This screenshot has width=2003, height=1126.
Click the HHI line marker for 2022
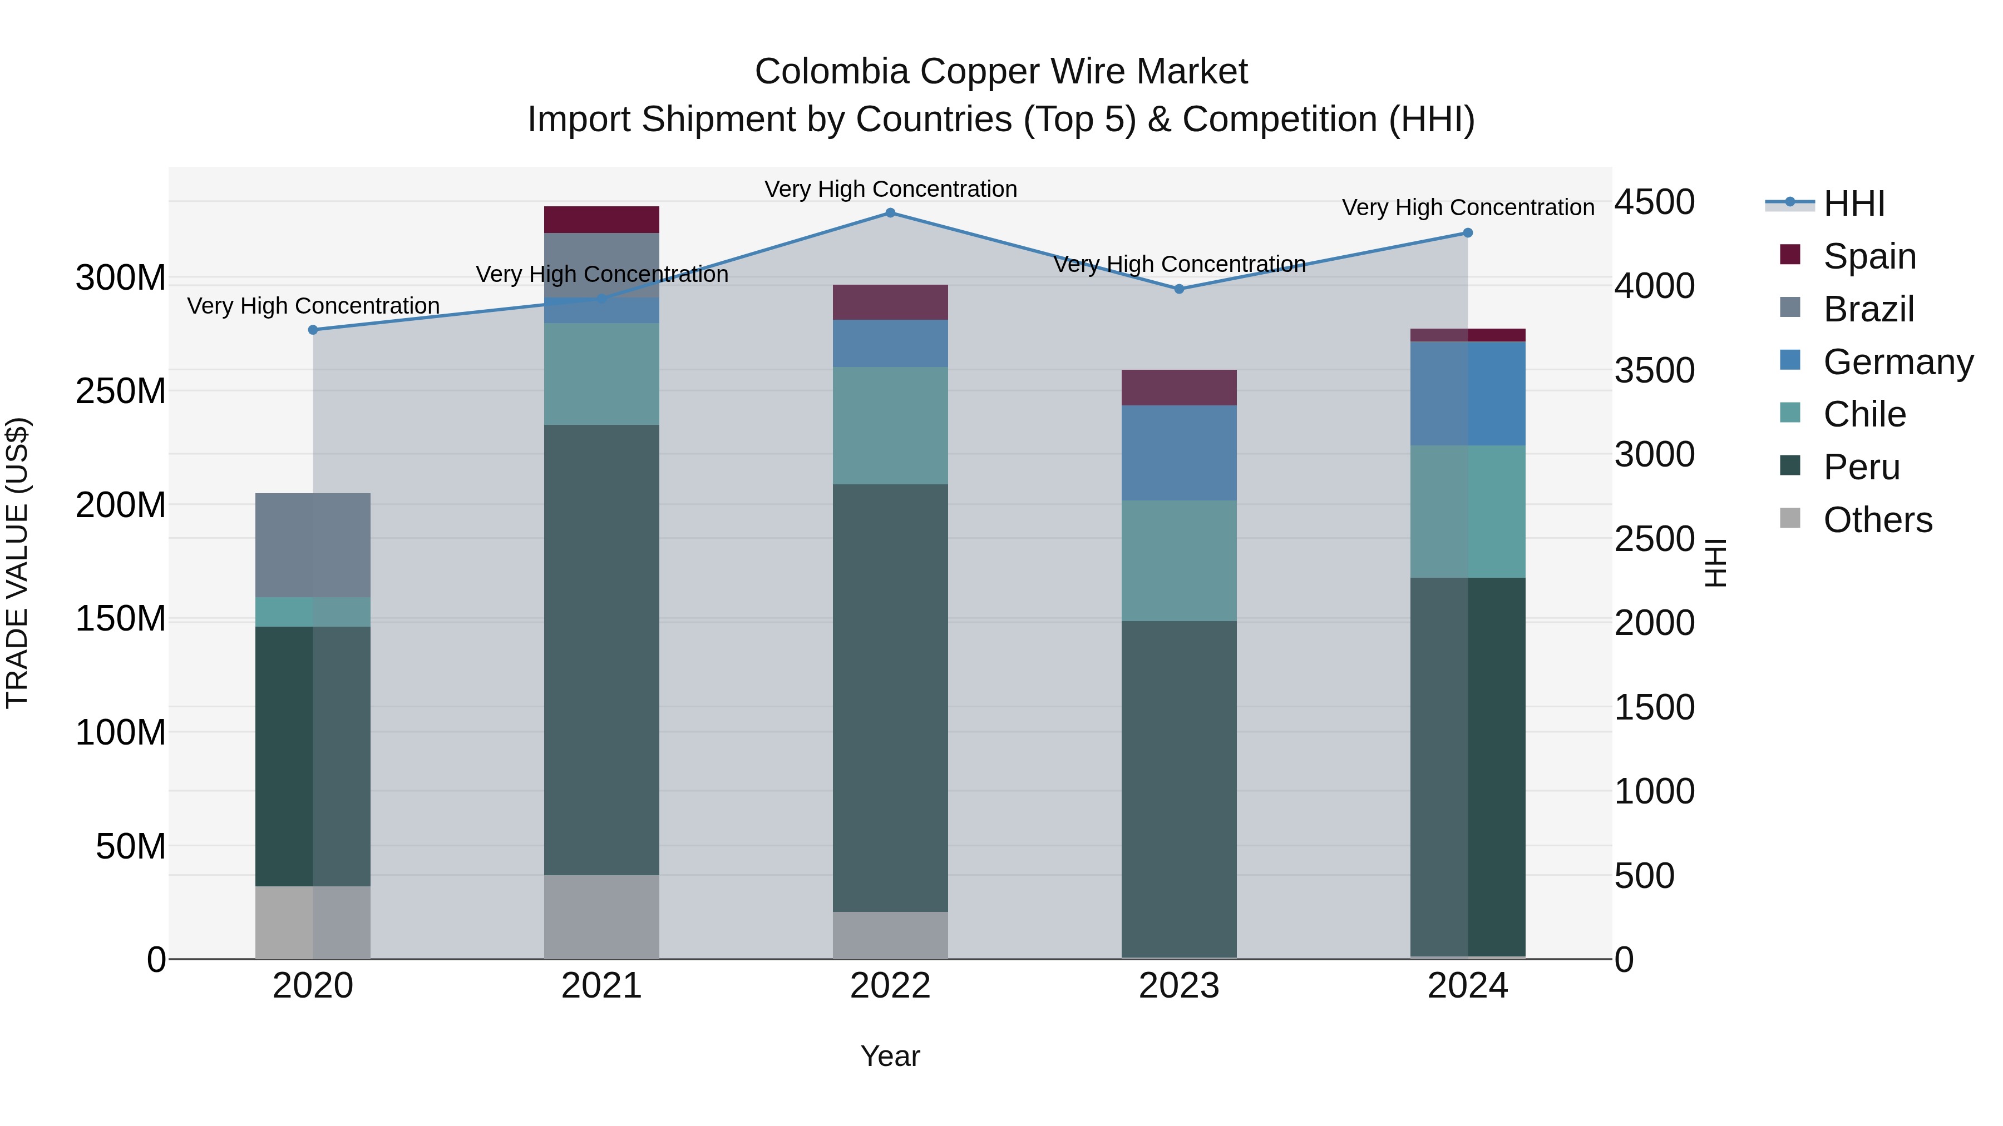pyautogui.click(x=890, y=213)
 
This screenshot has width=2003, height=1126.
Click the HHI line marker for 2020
pyautogui.click(x=313, y=330)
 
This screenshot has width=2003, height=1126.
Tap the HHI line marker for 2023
pyautogui.click(x=1179, y=289)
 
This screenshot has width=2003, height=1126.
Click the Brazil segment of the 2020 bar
pyautogui.click(x=313, y=545)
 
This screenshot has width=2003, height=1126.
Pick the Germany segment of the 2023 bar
pyautogui.click(x=1179, y=453)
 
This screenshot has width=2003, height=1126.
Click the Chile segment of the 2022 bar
pyautogui.click(x=890, y=426)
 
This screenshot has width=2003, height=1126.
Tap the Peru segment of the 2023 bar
pyautogui.click(x=1179, y=788)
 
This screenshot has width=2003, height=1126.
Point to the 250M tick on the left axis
pyautogui.click(x=121, y=391)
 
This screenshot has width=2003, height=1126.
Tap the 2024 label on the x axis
pyautogui.click(x=1467, y=986)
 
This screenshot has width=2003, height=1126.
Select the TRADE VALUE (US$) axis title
pyautogui.click(x=17, y=563)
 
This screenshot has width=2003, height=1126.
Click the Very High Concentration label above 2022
pyautogui.click(x=890, y=189)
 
